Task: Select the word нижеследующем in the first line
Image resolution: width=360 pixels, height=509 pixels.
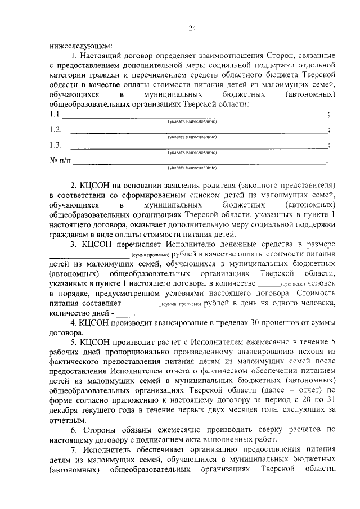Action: point(80,46)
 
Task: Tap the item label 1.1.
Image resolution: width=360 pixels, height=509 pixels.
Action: point(55,115)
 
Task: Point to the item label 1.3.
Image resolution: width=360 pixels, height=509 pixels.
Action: point(55,145)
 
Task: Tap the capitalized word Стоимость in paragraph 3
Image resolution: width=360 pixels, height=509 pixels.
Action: point(316,294)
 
